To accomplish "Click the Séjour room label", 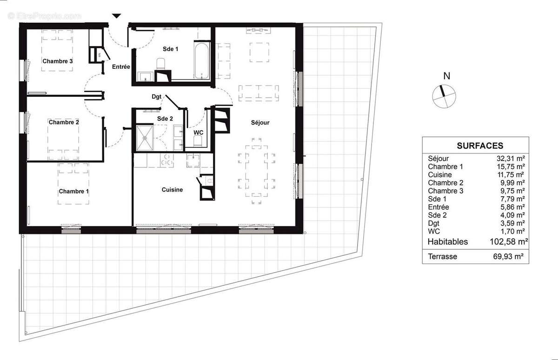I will click(261, 122).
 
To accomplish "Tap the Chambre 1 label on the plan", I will click(73, 191).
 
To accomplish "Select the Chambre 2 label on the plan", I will click(64, 122).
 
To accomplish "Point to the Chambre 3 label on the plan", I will click(58, 61).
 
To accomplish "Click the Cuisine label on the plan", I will click(172, 190).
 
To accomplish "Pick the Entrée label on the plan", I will click(121, 67).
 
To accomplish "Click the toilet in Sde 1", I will click(161, 64).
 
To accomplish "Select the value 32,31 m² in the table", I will click(511, 159).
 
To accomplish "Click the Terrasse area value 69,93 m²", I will click(511, 256).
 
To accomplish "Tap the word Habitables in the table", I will click(448, 241).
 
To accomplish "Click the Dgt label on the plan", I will click(156, 97).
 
